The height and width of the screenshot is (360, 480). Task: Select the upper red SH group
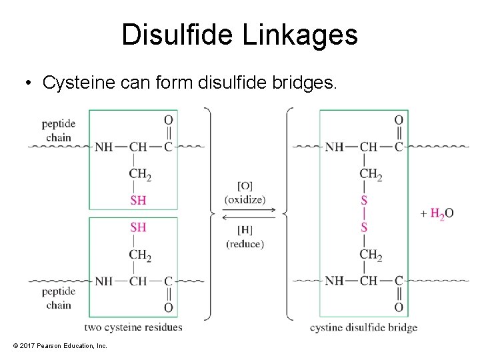click(x=138, y=200)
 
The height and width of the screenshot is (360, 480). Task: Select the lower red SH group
click(x=138, y=227)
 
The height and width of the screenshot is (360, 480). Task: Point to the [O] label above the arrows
click(x=245, y=185)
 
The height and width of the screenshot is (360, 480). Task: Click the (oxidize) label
click(x=245, y=199)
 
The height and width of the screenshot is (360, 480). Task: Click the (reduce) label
click(x=245, y=244)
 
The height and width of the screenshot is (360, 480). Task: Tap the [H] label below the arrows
click(x=245, y=230)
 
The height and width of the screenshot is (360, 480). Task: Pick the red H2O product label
click(x=441, y=213)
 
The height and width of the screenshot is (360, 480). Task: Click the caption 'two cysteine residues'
click(x=133, y=327)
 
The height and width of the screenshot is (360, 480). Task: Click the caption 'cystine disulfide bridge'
click(x=363, y=327)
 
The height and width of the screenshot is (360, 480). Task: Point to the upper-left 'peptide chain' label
click(x=59, y=130)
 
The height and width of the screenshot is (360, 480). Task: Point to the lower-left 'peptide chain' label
click(x=59, y=299)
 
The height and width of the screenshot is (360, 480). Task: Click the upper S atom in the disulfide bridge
click(x=364, y=200)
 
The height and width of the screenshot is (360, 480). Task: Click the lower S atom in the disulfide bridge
click(x=364, y=227)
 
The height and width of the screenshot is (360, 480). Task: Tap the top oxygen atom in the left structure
click(x=169, y=120)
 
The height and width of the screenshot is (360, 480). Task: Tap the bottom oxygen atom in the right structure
click(x=399, y=307)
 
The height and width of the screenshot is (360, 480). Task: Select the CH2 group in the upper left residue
click(x=140, y=174)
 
